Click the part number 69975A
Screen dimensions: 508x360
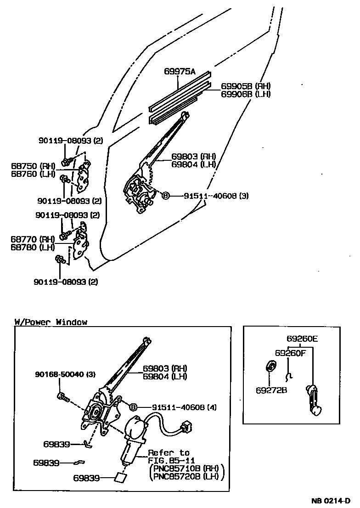point(180,71)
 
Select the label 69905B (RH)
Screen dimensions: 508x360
point(246,86)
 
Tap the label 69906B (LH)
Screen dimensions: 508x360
point(246,94)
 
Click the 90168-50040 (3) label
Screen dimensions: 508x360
point(65,375)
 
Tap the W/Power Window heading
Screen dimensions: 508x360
point(51,322)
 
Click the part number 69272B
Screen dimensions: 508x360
point(271,390)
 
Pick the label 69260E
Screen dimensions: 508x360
point(302,339)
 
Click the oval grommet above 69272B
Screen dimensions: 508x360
point(271,366)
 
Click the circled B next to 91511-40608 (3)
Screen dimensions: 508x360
point(165,196)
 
